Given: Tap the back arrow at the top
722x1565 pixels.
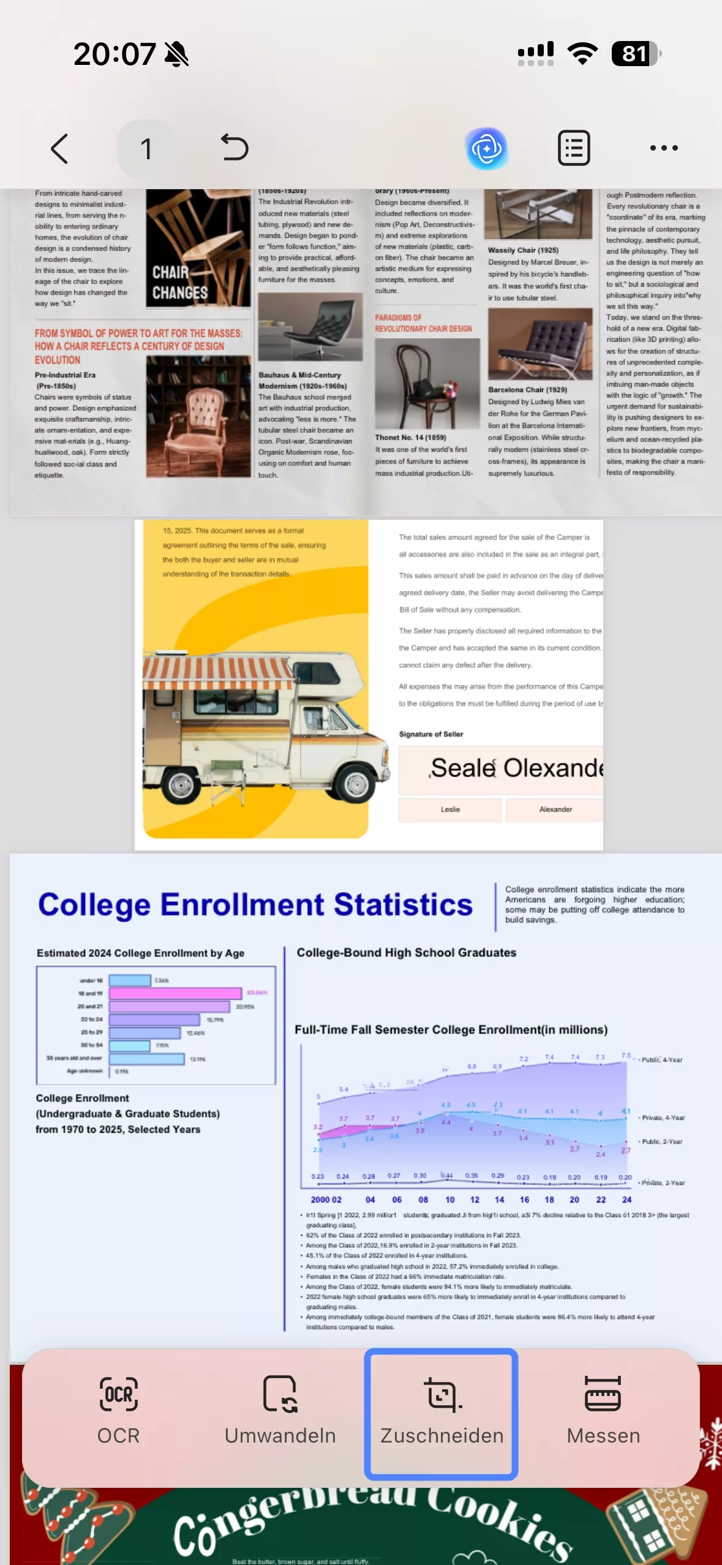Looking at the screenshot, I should tap(59, 149).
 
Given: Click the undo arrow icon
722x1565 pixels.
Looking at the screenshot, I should tap(235, 148).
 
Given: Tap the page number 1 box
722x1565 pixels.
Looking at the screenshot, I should tap(146, 149).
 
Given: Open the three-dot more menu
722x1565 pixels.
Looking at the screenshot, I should tap(664, 148).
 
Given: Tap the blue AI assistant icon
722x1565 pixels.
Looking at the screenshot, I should tap(487, 148).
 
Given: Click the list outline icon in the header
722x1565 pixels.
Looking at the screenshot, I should tap(574, 148).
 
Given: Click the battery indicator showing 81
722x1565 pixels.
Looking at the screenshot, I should tap(636, 54).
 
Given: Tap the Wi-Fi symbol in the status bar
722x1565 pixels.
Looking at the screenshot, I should tap(582, 54).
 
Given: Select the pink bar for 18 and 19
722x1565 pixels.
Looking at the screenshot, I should tap(175, 993).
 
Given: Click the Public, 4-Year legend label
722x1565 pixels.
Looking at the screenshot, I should tap(661, 1060).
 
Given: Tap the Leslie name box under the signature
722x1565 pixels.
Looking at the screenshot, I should tap(450, 809).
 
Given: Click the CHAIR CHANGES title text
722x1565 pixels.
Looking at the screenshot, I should tap(179, 283).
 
